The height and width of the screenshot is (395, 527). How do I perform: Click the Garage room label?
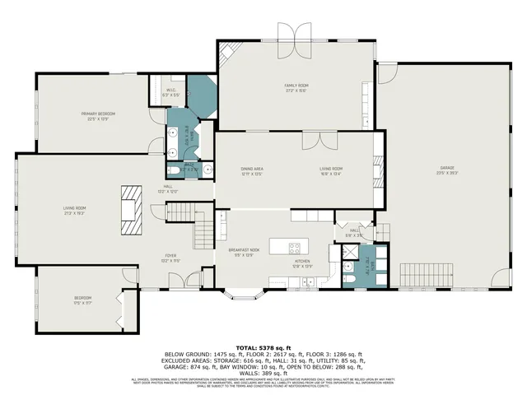pos(446,170)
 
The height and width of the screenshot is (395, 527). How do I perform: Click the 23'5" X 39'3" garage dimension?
pos(446,174)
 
